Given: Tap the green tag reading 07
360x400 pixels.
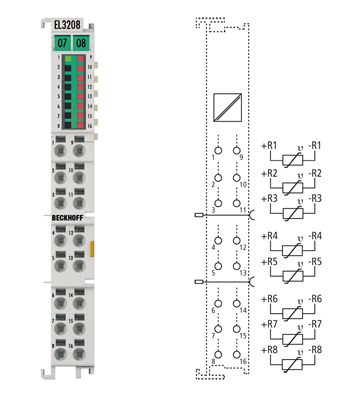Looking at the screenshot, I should (62, 44).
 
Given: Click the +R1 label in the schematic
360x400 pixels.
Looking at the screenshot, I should (268, 146).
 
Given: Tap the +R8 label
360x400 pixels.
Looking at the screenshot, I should (268, 351).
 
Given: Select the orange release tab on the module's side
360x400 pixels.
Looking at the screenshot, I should (92, 246).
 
